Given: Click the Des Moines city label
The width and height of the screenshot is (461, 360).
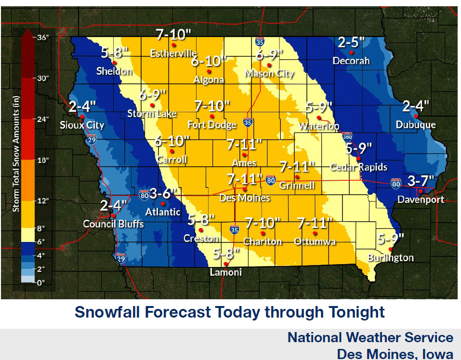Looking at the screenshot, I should pyautogui.click(x=244, y=198).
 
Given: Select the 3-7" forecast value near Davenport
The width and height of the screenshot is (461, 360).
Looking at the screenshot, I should pyautogui.click(x=421, y=181).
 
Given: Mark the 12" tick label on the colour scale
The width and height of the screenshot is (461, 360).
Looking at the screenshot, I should pyautogui.click(x=43, y=201).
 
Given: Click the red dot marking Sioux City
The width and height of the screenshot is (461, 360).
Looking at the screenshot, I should pyautogui.click(x=82, y=117).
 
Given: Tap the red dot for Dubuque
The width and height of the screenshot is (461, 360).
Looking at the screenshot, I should pyautogui.click(x=416, y=116).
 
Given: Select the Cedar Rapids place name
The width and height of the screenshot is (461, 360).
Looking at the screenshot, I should pyautogui.click(x=358, y=167).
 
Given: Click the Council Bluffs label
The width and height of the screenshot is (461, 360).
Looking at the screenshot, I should pyautogui.click(x=113, y=224).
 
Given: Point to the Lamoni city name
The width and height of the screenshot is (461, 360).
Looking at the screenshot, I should pyautogui.click(x=225, y=272).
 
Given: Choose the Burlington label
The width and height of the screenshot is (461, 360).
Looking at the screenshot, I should pyautogui.click(x=390, y=258).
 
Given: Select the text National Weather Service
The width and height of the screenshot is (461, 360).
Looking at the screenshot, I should pyautogui.click(x=370, y=337).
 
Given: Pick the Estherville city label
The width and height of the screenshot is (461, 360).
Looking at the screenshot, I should pyautogui.click(x=173, y=53).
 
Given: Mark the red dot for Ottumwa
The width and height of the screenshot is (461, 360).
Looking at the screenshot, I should pyautogui.click(x=315, y=233).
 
